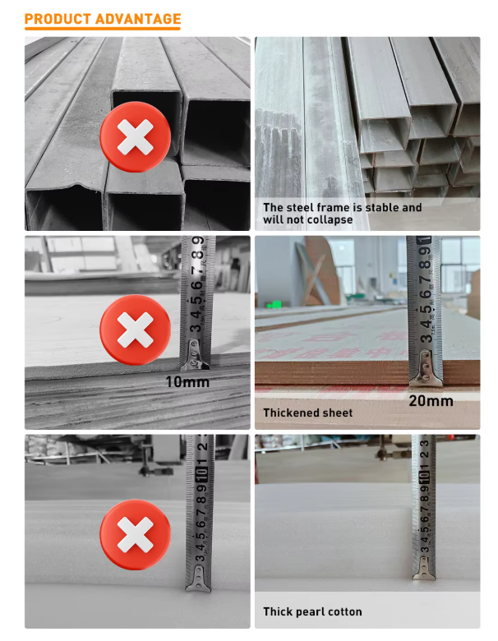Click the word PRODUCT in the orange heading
coord(58,19)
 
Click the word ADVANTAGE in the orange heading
coord(138,19)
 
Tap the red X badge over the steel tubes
coord(136,137)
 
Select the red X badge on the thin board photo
coord(136,330)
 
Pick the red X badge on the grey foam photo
coord(136,534)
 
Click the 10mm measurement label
coord(187,382)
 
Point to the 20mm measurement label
coord(431,401)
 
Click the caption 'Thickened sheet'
coord(308,413)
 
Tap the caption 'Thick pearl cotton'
coord(312,612)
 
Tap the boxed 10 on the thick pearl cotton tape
coord(424,476)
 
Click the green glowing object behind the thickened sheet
coord(274,304)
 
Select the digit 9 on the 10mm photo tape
coord(199,242)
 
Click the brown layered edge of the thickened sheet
coord(367,373)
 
